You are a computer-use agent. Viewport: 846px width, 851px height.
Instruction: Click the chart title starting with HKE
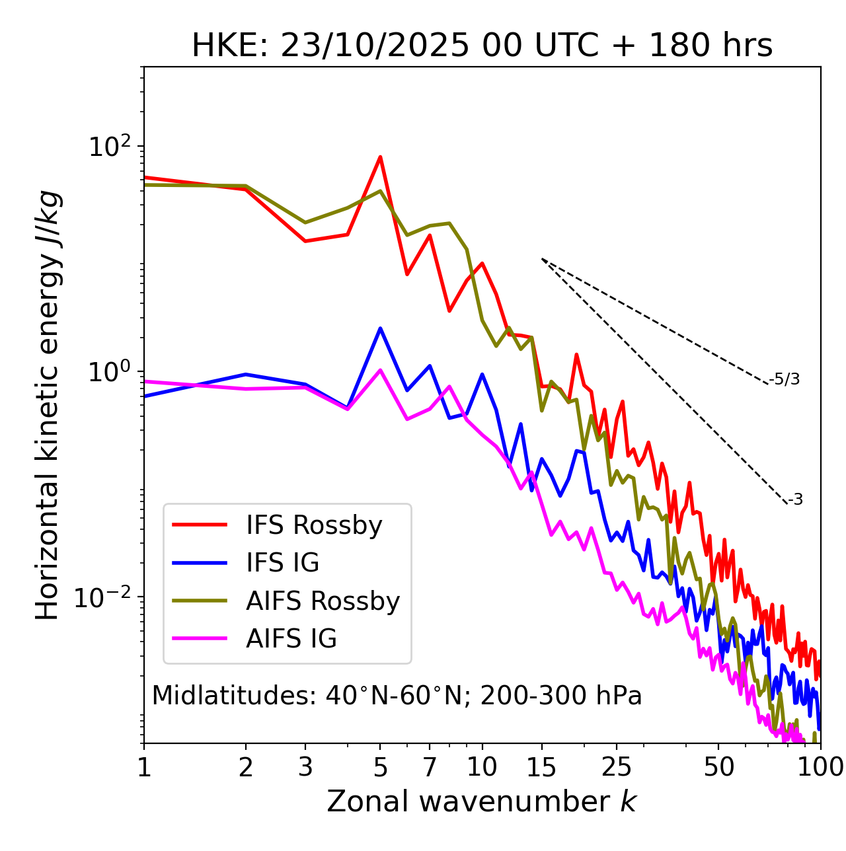[x=482, y=46]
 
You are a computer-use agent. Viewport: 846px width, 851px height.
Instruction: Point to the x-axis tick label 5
[x=380, y=767]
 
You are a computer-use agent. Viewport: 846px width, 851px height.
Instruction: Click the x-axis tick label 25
[x=617, y=767]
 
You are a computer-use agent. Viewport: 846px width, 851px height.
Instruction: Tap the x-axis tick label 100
[x=820, y=767]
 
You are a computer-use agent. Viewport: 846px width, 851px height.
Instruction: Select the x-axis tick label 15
[x=541, y=767]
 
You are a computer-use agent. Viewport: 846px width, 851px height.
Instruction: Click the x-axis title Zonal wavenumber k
[x=482, y=801]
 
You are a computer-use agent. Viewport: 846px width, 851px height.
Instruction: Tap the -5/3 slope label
[x=785, y=379]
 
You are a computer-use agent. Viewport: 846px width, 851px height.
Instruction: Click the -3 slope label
[x=795, y=500]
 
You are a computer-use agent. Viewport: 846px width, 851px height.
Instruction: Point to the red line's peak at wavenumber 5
[x=380, y=157]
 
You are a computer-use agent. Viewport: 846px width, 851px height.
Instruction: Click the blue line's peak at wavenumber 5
[x=380, y=328]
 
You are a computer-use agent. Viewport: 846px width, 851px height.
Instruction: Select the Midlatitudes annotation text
[x=397, y=696]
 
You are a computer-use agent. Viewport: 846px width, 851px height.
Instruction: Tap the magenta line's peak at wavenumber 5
[x=380, y=370]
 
